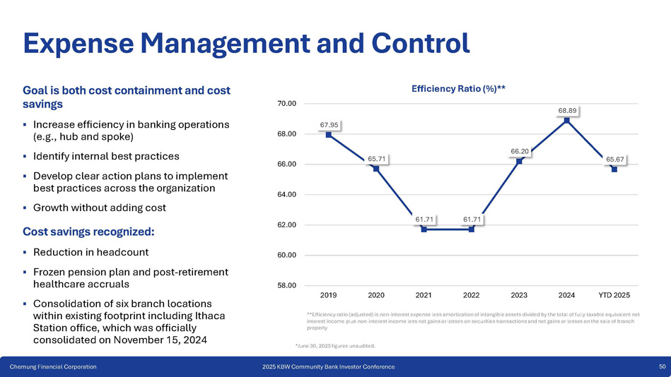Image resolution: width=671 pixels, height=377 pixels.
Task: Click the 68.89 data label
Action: tap(567, 110)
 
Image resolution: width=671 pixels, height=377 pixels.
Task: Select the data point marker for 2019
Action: tap(329, 134)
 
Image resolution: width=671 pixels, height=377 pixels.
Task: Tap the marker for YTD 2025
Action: tap(614, 169)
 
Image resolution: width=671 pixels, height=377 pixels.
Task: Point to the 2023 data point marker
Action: tap(519, 161)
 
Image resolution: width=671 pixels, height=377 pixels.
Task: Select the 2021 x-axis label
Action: tap(424, 294)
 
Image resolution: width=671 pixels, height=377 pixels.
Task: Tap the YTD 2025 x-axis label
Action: tap(614, 294)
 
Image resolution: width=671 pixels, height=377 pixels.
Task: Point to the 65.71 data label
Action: tap(376, 159)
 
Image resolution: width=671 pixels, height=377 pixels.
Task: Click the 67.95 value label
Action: tap(329, 125)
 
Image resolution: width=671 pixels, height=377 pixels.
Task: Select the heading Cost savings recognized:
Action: tap(88, 231)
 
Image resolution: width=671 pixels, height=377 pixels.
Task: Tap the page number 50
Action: tap(662, 367)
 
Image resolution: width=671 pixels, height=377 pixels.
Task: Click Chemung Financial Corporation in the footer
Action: tap(53, 367)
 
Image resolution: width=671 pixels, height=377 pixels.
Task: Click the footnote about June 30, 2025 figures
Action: tap(335, 346)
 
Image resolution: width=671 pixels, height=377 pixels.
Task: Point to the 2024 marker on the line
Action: tap(567, 120)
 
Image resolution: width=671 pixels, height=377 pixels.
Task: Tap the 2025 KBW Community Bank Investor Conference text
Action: tap(328, 367)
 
